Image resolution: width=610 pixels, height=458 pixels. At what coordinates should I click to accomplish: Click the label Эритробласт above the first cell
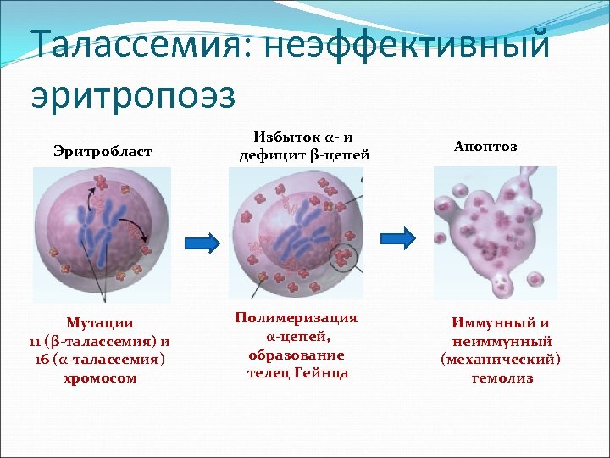coord(103,151)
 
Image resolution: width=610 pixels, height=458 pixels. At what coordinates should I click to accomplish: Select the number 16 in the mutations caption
coord(42,360)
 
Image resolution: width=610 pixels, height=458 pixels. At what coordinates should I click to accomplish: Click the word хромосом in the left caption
coord(100,378)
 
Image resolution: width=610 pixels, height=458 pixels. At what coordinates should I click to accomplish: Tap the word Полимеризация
coord(296,317)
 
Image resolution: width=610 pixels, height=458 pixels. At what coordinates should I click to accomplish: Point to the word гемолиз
coord(502,378)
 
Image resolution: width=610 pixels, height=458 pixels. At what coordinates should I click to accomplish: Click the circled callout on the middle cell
coord(343,255)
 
